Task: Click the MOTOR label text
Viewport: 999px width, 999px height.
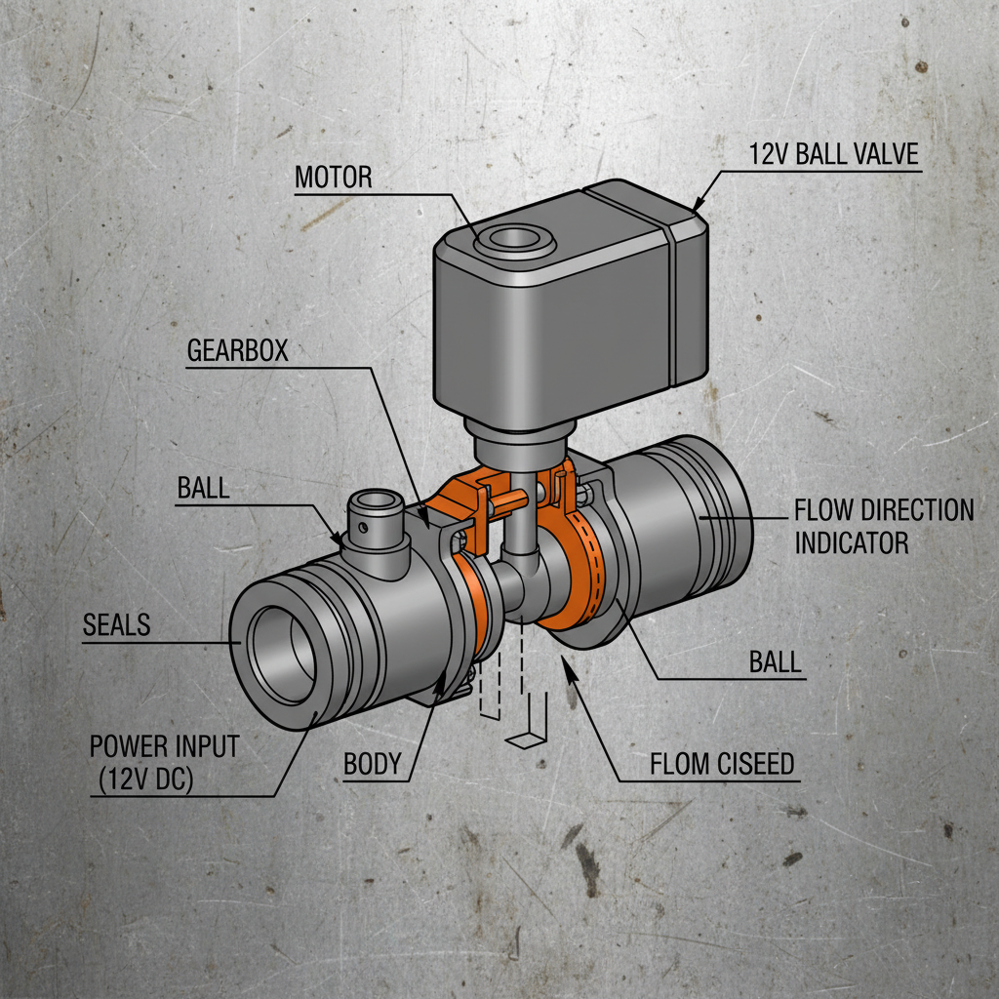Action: click(x=333, y=177)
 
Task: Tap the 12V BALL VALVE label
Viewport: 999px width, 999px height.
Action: click(x=834, y=154)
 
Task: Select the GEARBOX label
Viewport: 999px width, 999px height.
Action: click(x=237, y=350)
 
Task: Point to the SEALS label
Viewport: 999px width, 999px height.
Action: click(x=116, y=624)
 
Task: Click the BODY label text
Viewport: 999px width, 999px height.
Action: click(x=373, y=764)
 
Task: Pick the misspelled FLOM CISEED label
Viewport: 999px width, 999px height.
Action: click(x=722, y=764)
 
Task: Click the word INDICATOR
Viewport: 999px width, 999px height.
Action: click(x=851, y=542)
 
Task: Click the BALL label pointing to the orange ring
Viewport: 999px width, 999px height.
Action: click(x=775, y=661)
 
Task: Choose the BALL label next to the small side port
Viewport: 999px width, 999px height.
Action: click(x=203, y=488)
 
